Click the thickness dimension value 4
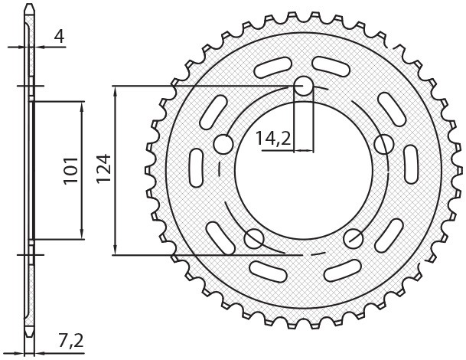pos(59,35)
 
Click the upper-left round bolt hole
pos(223,143)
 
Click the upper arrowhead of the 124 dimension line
pos(115,90)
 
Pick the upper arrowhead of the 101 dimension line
pos(82,105)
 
